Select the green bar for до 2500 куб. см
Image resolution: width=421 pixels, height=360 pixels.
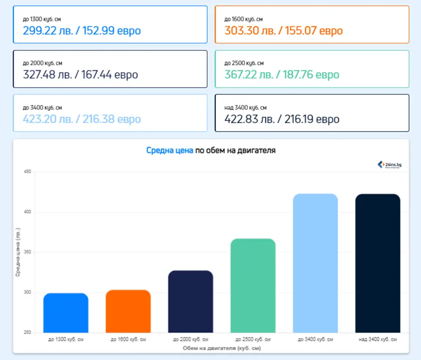pos(253,286)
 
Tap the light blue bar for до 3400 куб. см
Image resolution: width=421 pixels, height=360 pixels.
pos(315,263)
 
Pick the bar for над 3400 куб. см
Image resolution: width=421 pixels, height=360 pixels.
pos(378,263)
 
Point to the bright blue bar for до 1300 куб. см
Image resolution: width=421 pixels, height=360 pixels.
pos(66,313)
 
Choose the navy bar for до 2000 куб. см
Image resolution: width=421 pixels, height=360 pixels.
pos(191,301)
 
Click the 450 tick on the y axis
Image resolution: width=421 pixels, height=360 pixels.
pos(27,172)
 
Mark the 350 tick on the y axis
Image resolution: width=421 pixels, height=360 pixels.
pos(27,252)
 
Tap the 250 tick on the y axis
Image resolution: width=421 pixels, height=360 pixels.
pos(27,333)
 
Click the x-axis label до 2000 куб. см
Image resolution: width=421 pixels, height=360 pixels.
pos(191,340)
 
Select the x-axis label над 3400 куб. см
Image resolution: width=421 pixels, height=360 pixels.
pos(378,340)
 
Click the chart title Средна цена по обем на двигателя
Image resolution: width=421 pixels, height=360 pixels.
pos(211,151)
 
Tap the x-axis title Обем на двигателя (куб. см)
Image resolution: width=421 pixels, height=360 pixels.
pos(222,348)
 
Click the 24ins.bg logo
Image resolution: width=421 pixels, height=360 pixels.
pos(390,165)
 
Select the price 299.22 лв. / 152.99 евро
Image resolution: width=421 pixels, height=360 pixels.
pos(82,31)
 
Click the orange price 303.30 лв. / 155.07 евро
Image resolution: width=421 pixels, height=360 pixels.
pos(283,31)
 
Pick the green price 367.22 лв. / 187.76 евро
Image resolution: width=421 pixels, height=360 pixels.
pos(282,75)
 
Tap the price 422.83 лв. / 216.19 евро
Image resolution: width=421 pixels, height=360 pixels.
pos(282,119)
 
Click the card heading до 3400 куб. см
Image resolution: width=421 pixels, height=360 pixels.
pos(42,107)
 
